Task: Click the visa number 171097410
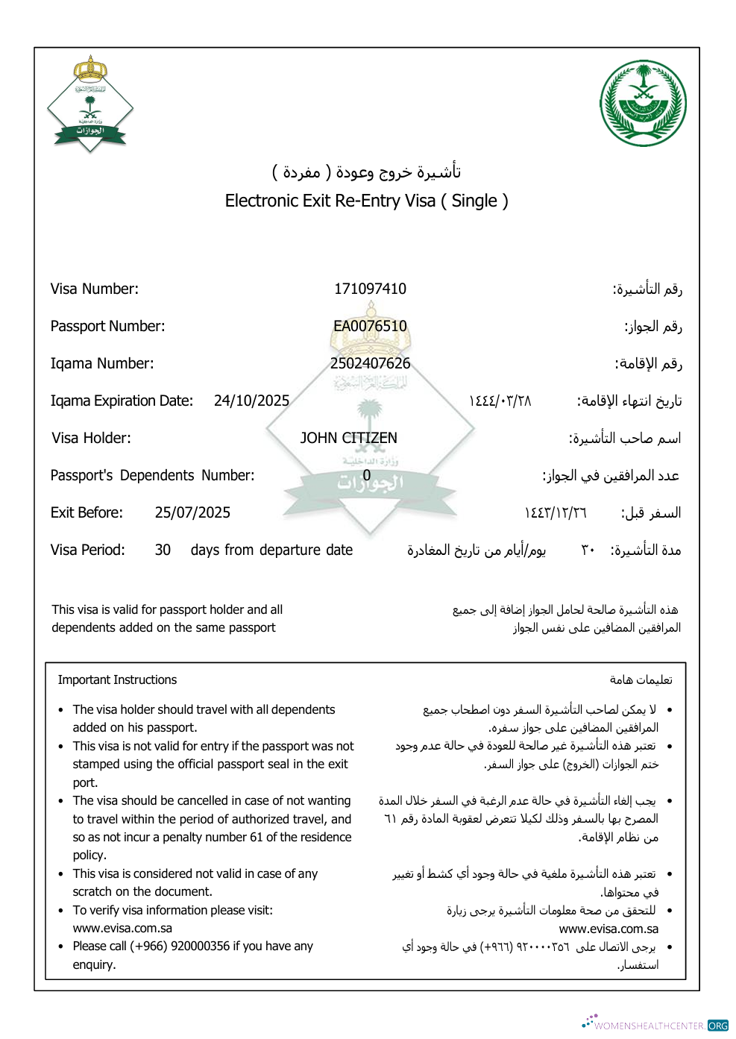pyautogui.click(x=370, y=289)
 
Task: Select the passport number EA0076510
pyautogui.click(x=370, y=326)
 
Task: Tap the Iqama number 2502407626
pyautogui.click(x=370, y=363)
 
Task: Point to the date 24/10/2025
pyautogui.click(x=251, y=401)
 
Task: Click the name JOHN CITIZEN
pyautogui.click(x=348, y=438)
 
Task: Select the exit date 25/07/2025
pyautogui.click(x=192, y=512)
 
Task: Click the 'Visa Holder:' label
pyautogui.click(x=91, y=438)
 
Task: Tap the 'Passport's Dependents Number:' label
pyautogui.click(x=152, y=475)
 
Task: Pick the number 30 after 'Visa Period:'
pyautogui.click(x=163, y=550)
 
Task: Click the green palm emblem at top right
pyautogui.click(x=643, y=103)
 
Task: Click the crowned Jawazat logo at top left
pyautogui.click(x=90, y=104)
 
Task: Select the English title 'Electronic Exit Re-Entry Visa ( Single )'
pyautogui.click(x=366, y=201)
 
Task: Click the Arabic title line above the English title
pyautogui.click(x=366, y=172)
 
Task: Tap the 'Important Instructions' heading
pyautogui.click(x=117, y=679)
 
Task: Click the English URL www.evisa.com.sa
pyautogui.click(x=122, y=928)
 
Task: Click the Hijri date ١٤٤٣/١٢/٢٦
pyautogui.click(x=556, y=512)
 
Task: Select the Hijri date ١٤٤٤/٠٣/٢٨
pyautogui.click(x=500, y=401)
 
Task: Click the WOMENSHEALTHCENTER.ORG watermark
pyautogui.click(x=656, y=1025)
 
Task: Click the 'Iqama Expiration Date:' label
pyautogui.click(x=122, y=401)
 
